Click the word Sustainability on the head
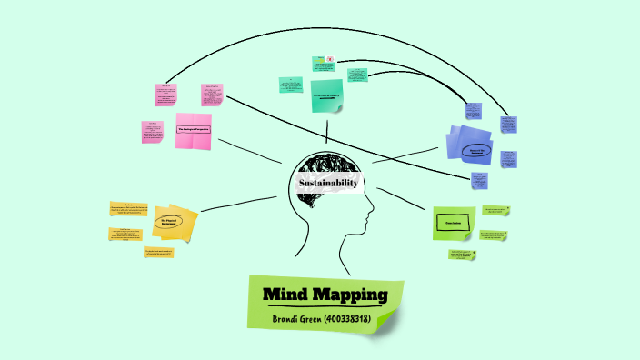coord(330,184)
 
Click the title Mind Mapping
coord(325,295)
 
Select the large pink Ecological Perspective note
coord(193,130)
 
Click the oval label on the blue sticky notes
coord(476,150)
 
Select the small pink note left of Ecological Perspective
coord(152,132)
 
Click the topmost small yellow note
coord(127,211)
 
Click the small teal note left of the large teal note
coord(291,85)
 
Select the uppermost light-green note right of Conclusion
coord(496,211)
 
